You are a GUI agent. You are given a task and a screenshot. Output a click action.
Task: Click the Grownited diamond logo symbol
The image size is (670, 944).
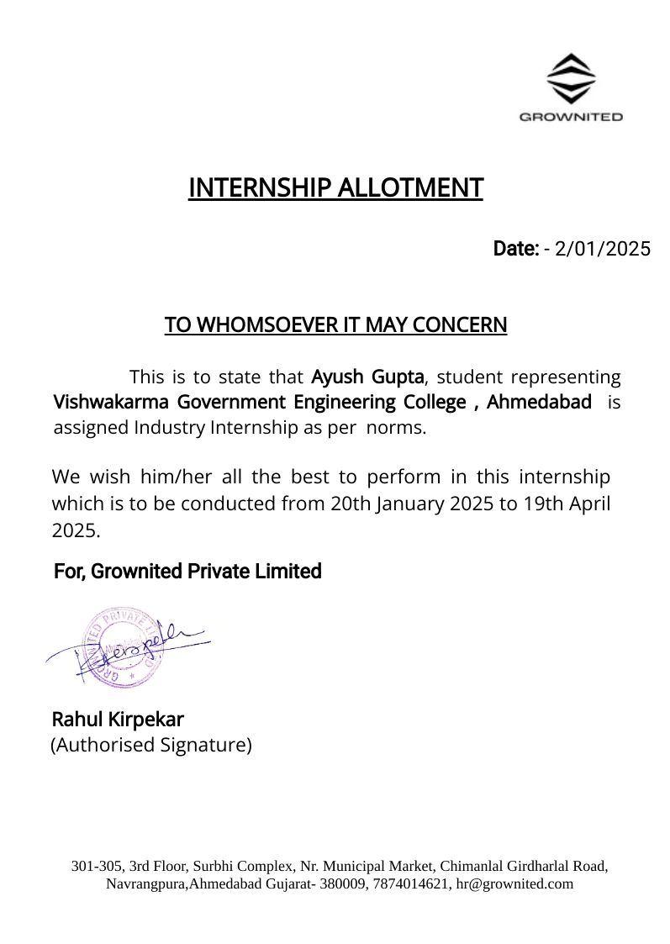tap(571, 78)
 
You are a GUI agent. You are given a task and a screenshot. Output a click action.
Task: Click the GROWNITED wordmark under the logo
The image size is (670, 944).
tap(571, 117)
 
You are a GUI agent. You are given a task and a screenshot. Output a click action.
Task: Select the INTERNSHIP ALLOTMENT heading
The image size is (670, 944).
tap(335, 187)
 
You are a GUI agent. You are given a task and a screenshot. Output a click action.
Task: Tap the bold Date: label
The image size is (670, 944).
tap(515, 249)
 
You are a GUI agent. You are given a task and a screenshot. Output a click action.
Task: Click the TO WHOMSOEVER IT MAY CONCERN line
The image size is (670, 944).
tap(335, 324)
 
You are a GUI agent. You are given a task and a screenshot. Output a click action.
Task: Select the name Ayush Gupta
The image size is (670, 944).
tap(367, 376)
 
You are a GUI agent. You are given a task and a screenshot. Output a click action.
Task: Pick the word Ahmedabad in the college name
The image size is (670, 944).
tap(539, 402)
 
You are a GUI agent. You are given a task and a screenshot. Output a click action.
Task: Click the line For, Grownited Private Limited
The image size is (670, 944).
tap(187, 572)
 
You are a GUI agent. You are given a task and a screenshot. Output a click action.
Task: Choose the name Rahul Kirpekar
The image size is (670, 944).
tap(118, 720)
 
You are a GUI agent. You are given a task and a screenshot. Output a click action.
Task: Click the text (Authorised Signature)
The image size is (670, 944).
tap(151, 745)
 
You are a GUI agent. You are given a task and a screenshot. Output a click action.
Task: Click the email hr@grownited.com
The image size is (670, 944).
tap(514, 883)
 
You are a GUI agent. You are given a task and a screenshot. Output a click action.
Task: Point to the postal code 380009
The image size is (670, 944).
tap(341, 883)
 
